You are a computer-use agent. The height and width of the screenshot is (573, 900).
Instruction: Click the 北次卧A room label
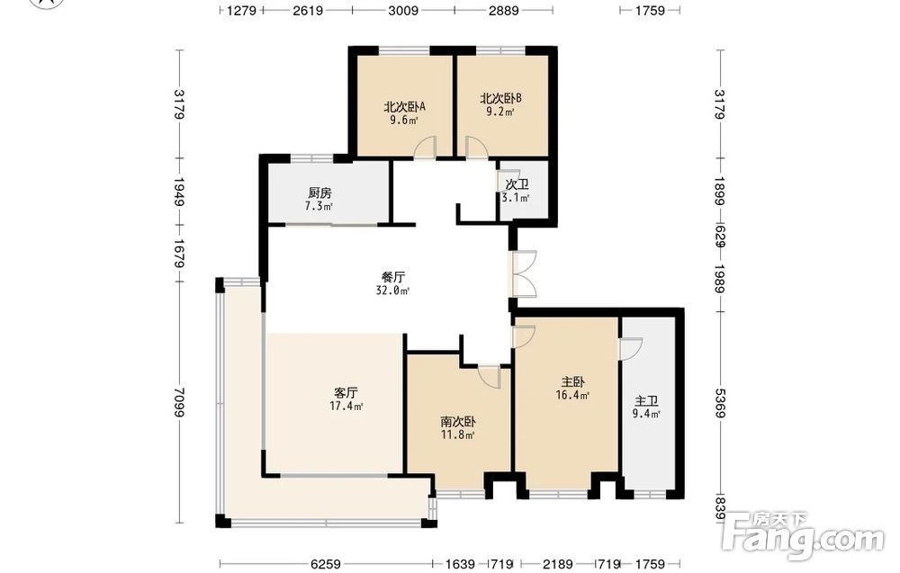(404, 107)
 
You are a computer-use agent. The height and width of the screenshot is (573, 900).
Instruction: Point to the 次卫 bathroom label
(517, 184)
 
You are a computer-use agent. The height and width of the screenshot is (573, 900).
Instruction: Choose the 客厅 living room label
(346, 393)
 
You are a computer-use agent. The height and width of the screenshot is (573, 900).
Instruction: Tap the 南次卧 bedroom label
(457, 422)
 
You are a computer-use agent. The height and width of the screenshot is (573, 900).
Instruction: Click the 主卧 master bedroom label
(572, 381)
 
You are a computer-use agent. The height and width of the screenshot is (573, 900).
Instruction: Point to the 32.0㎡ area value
(392, 291)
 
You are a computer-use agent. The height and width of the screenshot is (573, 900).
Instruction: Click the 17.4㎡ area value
(346, 407)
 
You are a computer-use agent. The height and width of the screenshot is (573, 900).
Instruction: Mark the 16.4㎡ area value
(572, 395)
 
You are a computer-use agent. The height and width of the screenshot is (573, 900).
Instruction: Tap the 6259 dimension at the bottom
(326, 564)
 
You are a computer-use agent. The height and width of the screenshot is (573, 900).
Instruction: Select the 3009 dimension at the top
(403, 10)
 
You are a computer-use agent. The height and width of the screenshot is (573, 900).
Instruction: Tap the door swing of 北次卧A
(426, 147)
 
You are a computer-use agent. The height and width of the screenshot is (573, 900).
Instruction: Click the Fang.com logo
(803, 534)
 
